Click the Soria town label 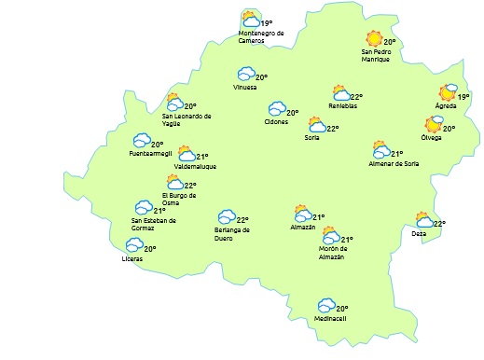pos(311,138)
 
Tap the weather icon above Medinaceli pos(325,305)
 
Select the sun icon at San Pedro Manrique pos(373,39)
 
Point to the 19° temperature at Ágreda pos(463,96)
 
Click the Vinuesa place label pos(246,88)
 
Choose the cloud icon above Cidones pos(277,109)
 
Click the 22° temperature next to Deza pos(439,223)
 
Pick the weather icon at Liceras pos(134,245)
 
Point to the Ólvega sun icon pos(434,124)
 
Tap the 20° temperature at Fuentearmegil pos(157,145)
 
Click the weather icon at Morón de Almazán pos(330,235)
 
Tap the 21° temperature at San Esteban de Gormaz pos(159,211)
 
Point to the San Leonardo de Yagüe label pos(187,119)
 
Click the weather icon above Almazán pos(300,214)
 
